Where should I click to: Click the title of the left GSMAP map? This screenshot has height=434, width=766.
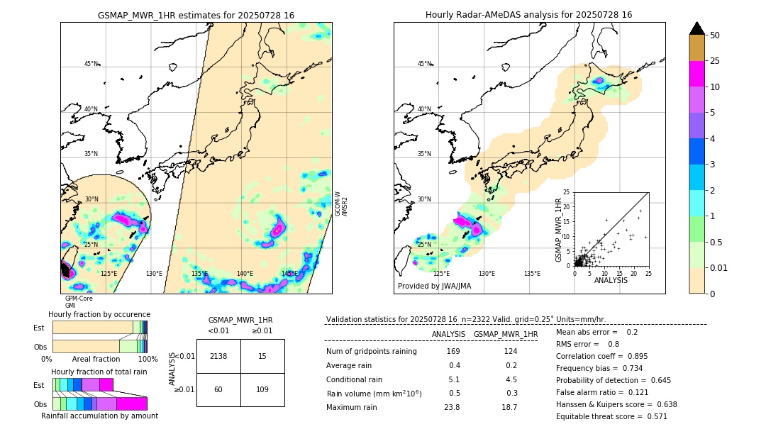pos(196,15)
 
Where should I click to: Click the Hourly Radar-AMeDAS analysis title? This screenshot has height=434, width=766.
pos(528,15)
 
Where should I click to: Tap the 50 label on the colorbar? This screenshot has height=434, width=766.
pos(715,35)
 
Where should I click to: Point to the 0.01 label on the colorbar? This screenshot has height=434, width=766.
pos(718,267)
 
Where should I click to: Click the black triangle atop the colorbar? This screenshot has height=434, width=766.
pos(697,28)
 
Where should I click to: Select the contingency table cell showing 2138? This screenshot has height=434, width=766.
pos(218,356)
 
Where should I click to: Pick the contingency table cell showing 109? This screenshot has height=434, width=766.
pos(262,389)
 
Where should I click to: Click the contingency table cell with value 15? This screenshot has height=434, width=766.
pos(262,356)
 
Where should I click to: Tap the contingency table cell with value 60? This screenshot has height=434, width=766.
pos(218,389)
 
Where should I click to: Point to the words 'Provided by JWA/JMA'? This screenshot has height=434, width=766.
pos(434,286)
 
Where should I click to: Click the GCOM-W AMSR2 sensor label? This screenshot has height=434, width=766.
pos(341,203)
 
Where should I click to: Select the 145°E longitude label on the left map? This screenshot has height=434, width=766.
pos(289,274)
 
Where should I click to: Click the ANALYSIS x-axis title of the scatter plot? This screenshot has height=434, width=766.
pos(611,281)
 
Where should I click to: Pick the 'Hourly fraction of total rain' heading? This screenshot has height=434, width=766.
pos(99,372)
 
